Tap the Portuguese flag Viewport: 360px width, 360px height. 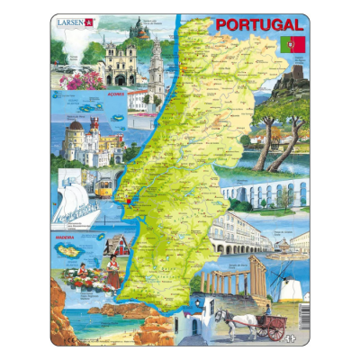tap(294, 44)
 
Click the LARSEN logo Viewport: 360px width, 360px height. tap(74, 24)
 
